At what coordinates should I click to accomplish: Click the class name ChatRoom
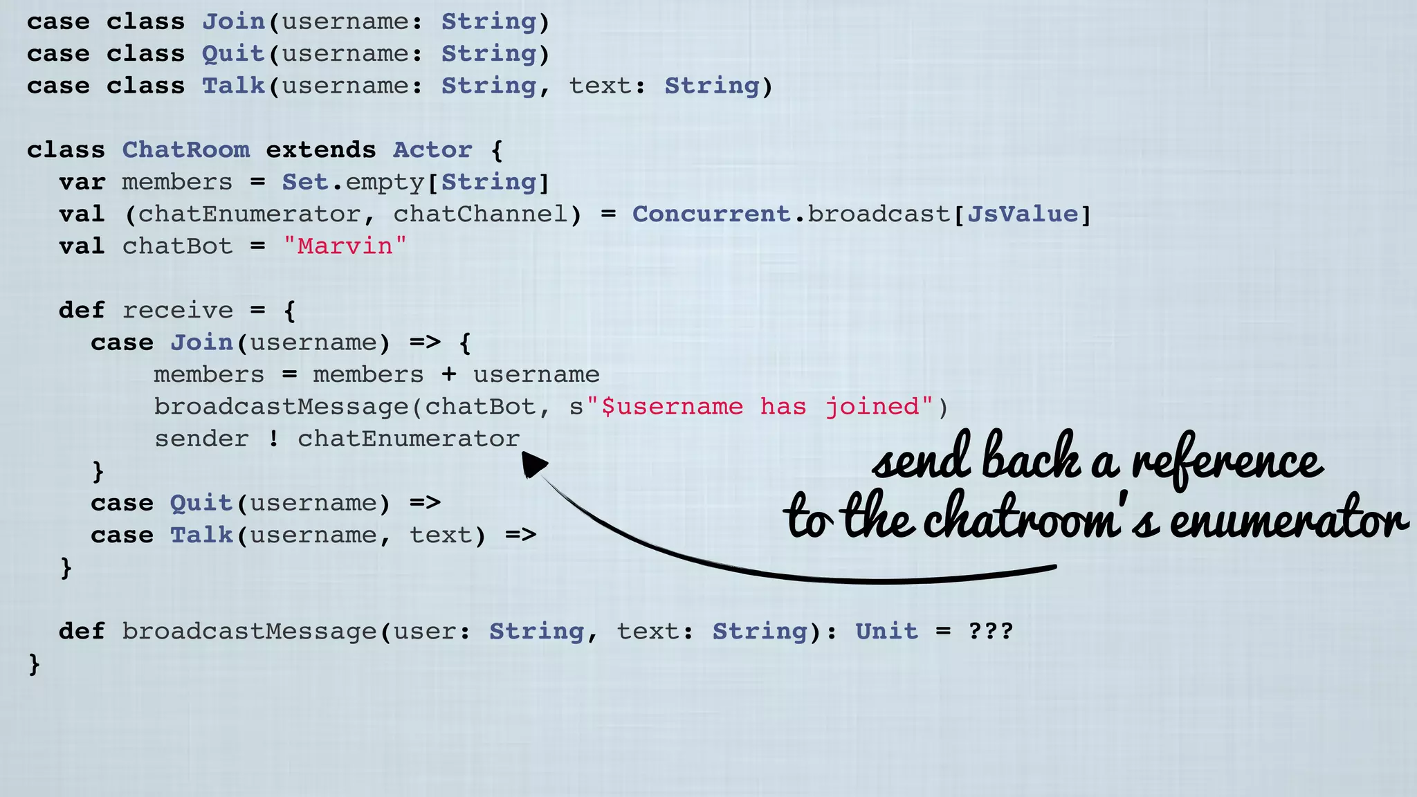pyautogui.click(x=185, y=150)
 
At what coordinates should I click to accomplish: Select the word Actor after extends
pyautogui.click(x=432, y=150)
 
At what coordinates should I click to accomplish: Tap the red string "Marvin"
pyautogui.click(x=345, y=246)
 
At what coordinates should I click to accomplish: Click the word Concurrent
pyautogui.click(x=711, y=214)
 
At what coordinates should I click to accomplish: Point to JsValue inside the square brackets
pyautogui.click(x=1022, y=214)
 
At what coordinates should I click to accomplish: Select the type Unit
pyautogui.click(x=886, y=631)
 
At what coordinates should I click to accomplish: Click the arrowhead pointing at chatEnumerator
pyautogui.click(x=533, y=464)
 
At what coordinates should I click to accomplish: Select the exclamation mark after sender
pyautogui.click(x=274, y=439)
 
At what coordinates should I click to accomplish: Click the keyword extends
pyautogui.click(x=320, y=150)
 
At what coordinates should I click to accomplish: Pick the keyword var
pyautogui.click(x=82, y=183)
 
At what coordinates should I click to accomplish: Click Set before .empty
pyautogui.click(x=304, y=183)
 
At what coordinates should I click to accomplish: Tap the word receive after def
pyautogui.click(x=177, y=311)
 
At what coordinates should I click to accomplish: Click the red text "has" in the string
pyautogui.click(x=783, y=407)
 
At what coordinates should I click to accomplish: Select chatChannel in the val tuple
pyautogui.click(x=480, y=214)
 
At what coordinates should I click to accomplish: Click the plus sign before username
pyautogui.click(x=449, y=375)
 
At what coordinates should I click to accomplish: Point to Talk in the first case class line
pyautogui.click(x=233, y=86)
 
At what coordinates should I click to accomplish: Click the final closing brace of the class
pyautogui.click(x=34, y=664)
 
